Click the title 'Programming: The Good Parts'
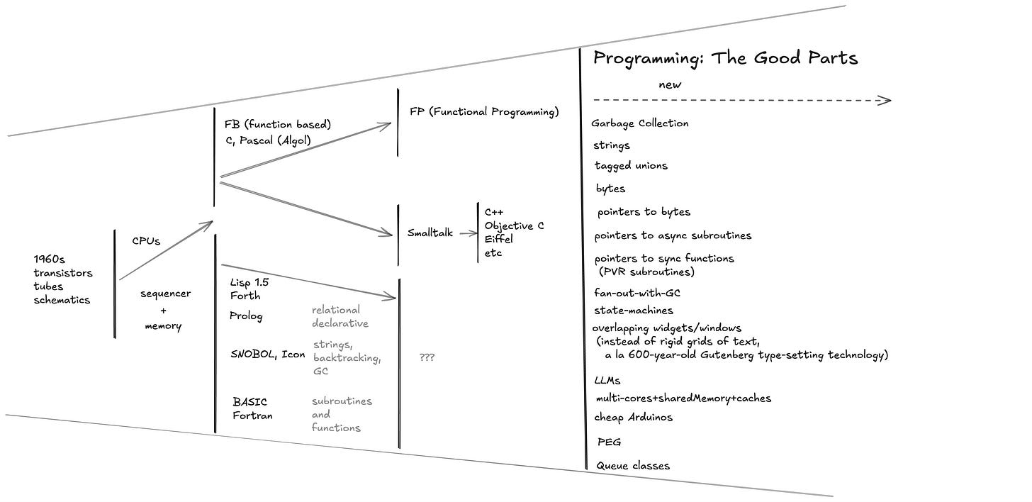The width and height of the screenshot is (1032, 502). [x=725, y=58]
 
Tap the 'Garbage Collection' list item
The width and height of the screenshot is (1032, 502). [x=640, y=123]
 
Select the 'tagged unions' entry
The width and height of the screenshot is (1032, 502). [x=631, y=166]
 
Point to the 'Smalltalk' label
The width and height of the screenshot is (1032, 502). [x=430, y=233]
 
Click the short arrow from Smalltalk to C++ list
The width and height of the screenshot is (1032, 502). [x=466, y=233]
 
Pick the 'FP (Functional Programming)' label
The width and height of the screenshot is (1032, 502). [x=484, y=112]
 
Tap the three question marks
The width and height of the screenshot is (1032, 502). [x=427, y=358]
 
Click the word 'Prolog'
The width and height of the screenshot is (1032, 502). [x=246, y=316]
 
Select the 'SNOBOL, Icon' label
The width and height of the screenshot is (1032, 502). [x=268, y=355]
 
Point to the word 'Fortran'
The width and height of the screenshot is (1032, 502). [x=252, y=415]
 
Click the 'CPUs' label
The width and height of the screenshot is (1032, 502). [x=146, y=241]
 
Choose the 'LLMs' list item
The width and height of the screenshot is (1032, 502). [x=607, y=381]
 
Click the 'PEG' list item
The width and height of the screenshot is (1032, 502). [x=610, y=442]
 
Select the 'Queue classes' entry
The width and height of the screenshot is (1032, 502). [x=633, y=466]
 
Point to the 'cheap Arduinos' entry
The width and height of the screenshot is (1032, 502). [x=634, y=417]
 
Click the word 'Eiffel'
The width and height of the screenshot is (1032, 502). [x=499, y=240]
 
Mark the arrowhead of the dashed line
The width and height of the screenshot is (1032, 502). [x=885, y=100]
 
